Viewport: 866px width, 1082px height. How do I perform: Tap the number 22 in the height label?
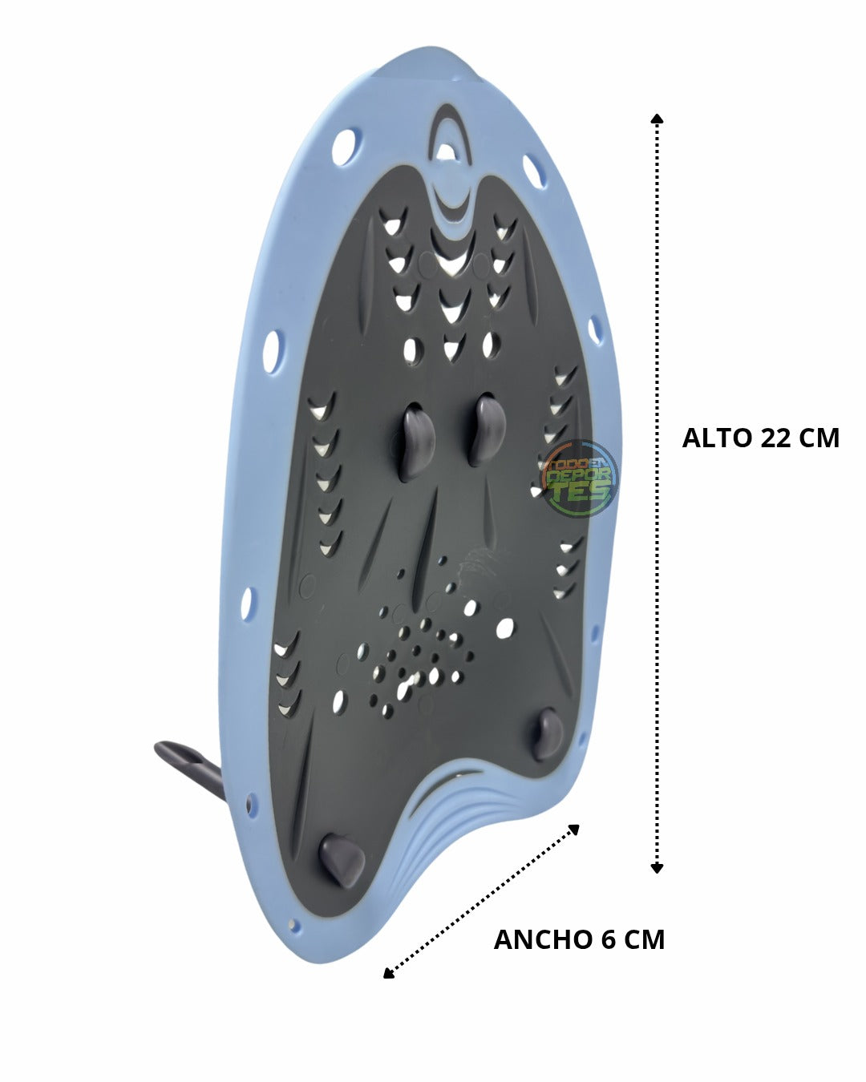click(x=776, y=438)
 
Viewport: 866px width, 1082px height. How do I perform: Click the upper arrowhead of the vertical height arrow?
click(x=657, y=119)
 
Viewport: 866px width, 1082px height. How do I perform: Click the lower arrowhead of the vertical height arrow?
click(x=657, y=867)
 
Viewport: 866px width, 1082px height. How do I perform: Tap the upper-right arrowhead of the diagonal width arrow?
click(x=573, y=830)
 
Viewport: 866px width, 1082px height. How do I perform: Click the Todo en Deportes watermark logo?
click(x=580, y=478)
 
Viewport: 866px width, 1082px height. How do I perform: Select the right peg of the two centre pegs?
click(x=487, y=430)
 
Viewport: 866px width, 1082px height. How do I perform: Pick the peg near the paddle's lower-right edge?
click(x=547, y=735)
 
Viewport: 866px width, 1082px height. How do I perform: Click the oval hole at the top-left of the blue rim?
click(x=346, y=147)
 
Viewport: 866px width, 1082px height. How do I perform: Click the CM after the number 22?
click(x=819, y=438)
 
